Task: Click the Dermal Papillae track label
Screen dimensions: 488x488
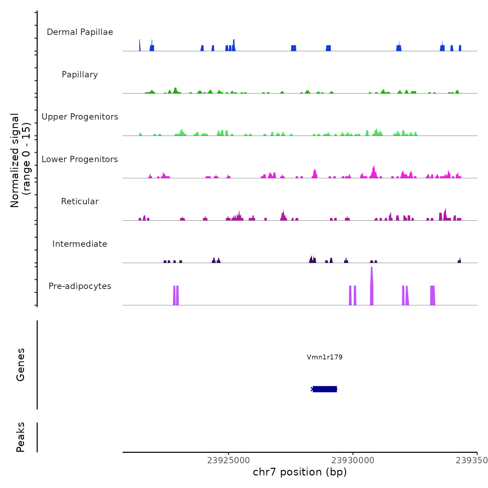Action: [x=80, y=32]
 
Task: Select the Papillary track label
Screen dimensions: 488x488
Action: [x=80, y=75]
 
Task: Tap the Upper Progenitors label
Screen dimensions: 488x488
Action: [x=80, y=117]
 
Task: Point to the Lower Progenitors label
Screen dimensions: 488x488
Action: [x=80, y=159]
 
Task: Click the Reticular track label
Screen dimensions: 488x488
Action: [x=80, y=201]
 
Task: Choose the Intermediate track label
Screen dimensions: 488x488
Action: [x=80, y=244]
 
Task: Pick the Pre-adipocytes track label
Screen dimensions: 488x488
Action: [x=80, y=286]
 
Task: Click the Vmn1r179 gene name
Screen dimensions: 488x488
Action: [x=325, y=357]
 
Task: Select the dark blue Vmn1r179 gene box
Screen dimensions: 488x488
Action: [x=325, y=389]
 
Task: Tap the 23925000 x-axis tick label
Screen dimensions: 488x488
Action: [x=228, y=460]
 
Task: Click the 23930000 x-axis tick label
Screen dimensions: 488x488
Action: [x=353, y=460]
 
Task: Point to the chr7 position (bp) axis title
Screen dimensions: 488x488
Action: [x=300, y=472]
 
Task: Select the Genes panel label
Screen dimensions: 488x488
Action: [x=21, y=364]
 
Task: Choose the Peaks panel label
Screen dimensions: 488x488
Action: [x=21, y=437]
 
